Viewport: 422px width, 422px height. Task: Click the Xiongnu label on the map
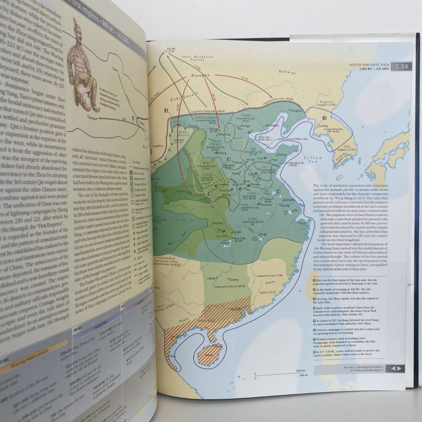click(x=200, y=75)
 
